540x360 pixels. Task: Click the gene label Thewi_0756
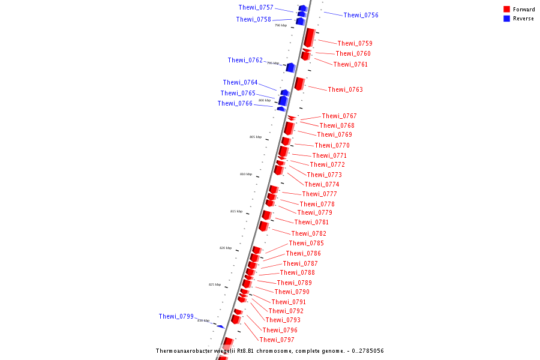click(x=361, y=15)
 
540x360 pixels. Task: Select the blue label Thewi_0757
click(x=256, y=7)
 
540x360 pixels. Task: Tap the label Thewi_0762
click(x=245, y=60)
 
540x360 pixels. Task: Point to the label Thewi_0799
click(x=176, y=316)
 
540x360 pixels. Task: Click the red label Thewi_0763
click(x=345, y=89)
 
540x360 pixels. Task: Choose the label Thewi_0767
click(x=339, y=116)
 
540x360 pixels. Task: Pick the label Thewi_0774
click(x=322, y=184)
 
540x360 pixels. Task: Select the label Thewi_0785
click(x=306, y=243)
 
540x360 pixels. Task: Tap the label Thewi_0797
click(x=277, y=340)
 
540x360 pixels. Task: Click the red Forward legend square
click(x=506, y=9)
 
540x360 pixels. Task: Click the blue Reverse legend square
click(x=506, y=19)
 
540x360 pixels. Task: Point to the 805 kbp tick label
click(x=256, y=137)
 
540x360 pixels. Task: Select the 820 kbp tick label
click(x=225, y=248)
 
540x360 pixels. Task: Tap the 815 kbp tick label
click(x=236, y=211)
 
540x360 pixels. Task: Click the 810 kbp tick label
click(x=246, y=174)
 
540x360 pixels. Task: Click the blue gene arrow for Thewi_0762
click(x=290, y=67)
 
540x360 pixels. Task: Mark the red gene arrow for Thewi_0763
click(x=299, y=83)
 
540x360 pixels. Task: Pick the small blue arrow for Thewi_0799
click(x=220, y=326)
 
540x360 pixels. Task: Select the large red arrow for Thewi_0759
click(x=309, y=37)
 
